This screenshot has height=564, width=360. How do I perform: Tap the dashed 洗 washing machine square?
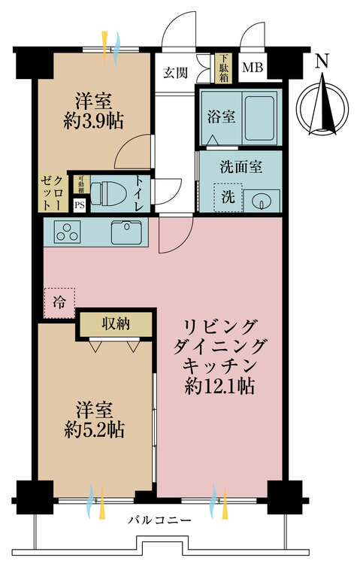pos(227,197)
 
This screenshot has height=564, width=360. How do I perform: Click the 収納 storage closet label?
pos(117,324)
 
